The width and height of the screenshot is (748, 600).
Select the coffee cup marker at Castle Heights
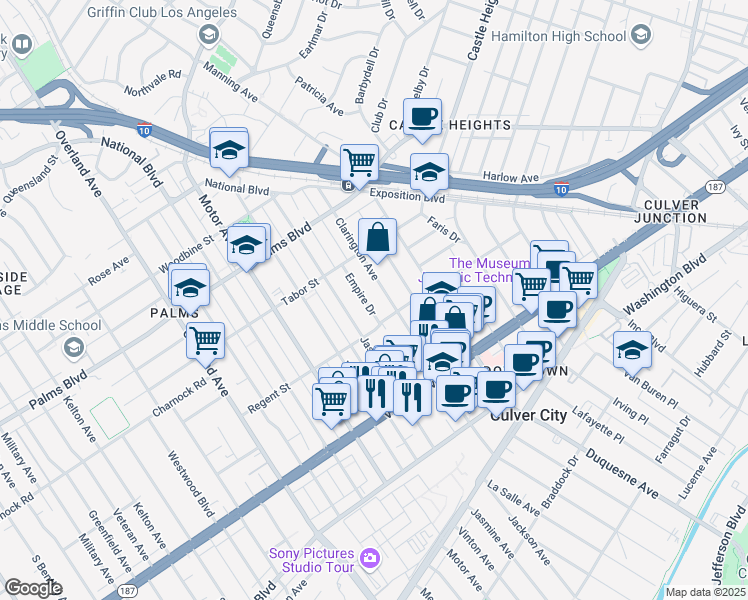[x=422, y=116]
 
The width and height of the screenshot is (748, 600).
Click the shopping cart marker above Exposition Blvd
[x=359, y=161]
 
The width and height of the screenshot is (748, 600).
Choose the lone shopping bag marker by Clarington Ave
[x=378, y=237]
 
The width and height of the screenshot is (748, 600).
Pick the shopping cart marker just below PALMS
[x=205, y=340]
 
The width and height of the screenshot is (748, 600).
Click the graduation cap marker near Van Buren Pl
[x=632, y=350]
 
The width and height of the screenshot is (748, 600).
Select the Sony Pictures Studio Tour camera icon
[x=369, y=557]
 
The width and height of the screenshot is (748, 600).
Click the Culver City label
[x=529, y=415]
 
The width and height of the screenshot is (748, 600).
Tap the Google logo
[x=33, y=588]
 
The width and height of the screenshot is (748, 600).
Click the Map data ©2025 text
[x=705, y=592]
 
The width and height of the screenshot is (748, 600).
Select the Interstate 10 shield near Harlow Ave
[x=561, y=188]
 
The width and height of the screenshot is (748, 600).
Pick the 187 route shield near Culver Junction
[x=715, y=186]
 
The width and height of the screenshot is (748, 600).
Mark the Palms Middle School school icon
[x=72, y=347]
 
